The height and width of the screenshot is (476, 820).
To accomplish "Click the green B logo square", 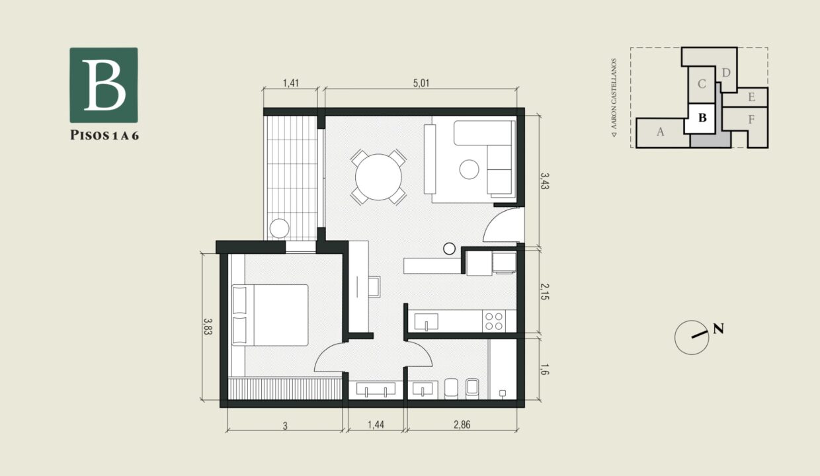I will (104, 85).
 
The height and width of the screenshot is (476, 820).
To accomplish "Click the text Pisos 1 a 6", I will (104, 136).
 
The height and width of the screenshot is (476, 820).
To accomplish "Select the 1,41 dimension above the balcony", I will (291, 83).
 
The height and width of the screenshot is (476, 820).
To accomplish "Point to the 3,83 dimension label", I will (208, 327).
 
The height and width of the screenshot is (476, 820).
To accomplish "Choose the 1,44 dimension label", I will (375, 425).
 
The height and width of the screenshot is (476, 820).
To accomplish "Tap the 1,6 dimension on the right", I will (544, 369).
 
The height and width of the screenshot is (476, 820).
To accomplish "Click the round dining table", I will (378, 177).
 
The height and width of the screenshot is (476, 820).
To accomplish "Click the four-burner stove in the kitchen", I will (493, 321).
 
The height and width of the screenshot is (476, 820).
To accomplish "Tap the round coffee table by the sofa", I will (469, 170).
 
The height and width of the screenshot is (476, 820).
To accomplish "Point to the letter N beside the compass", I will (718, 329).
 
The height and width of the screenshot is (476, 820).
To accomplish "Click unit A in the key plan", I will (659, 132).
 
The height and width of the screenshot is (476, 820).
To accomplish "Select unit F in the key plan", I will (751, 120).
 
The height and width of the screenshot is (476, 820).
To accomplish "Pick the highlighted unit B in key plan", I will (703, 118).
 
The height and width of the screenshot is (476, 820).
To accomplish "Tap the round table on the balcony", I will (279, 228).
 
